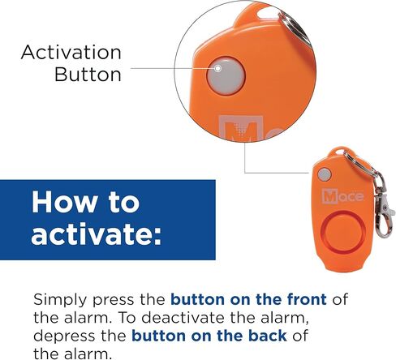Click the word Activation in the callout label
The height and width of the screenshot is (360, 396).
point(71,54)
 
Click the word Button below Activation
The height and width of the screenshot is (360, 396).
point(88,75)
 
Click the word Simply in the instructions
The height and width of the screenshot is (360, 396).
point(59,300)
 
